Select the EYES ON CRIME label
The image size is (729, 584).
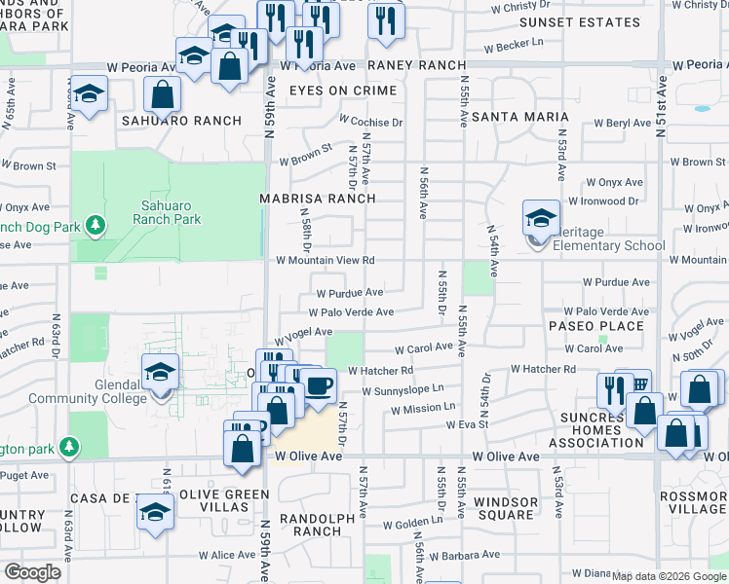pos(343,91)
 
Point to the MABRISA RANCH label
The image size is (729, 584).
pos(317,198)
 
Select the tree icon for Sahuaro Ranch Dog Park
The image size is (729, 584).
pos(96,226)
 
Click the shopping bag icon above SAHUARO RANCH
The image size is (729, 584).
pos(162,94)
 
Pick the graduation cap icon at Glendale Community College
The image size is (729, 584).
pos(161,373)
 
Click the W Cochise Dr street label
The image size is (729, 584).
pos(370,123)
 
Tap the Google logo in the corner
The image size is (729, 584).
pos(32,572)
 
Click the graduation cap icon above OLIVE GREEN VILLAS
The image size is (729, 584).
pos(155,512)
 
